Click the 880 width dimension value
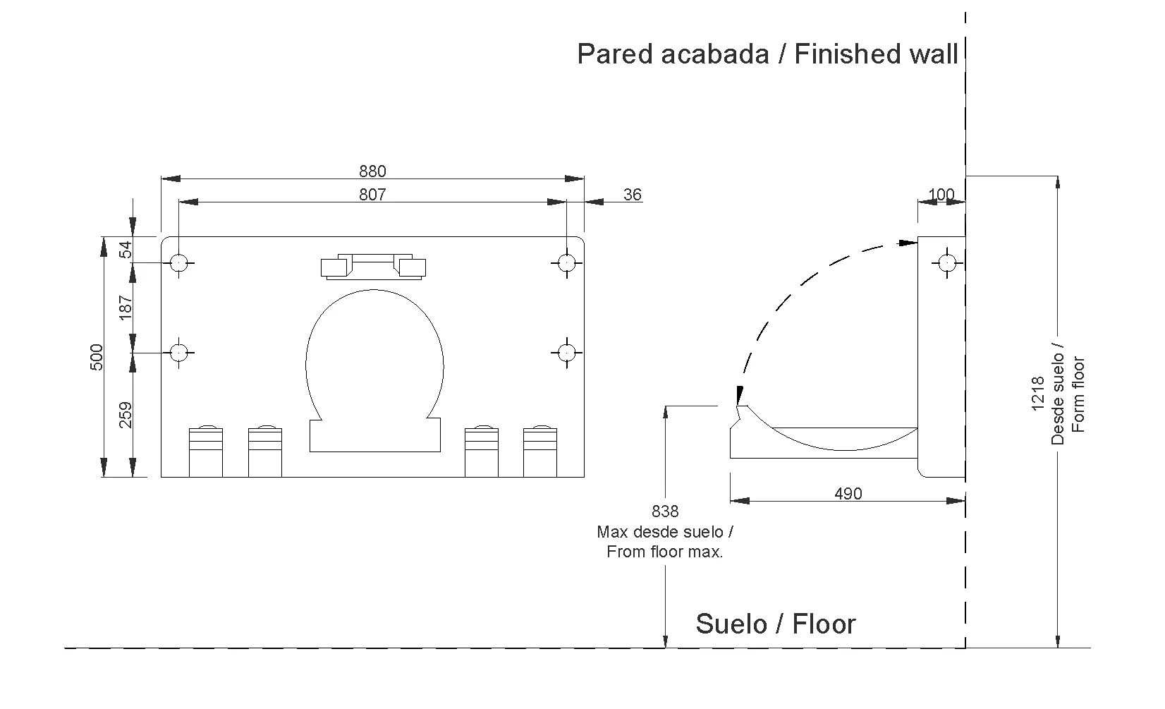[x=372, y=171]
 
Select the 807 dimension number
[x=372, y=195]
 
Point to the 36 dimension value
[x=633, y=195]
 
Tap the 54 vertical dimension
[x=126, y=249]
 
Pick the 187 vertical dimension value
[x=126, y=308]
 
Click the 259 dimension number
[x=126, y=415]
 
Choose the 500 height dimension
[x=97, y=356]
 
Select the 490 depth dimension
[x=848, y=494]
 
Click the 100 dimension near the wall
[x=941, y=195]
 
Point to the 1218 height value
[x=1037, y=394]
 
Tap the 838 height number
[x=665, y=511]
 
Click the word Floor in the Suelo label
[x=824, y=624]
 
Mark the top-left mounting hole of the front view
[x=179, y=263]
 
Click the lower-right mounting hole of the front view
[x=566, y=352]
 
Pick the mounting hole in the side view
[x=946, y=263]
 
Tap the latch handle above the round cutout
[x=373, y=265]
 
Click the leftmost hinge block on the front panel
[x=206, y=451]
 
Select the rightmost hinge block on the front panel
[x=540, y=451]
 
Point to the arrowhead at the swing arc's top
[x=908, y=243]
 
